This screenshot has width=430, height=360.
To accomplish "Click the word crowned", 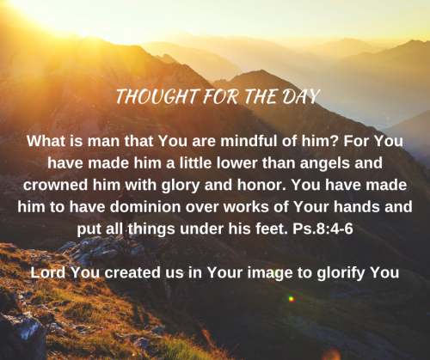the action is pos(55,185).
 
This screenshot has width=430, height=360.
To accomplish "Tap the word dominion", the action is pos(144,207).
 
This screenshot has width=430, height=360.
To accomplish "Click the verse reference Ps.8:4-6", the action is pos(322,229).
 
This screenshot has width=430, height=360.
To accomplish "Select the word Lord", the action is pos(48,272).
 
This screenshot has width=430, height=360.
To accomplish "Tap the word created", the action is pos(132,272).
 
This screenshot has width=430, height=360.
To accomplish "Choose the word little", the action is pos(195,163).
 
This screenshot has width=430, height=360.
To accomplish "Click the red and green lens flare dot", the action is pos(291,299).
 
